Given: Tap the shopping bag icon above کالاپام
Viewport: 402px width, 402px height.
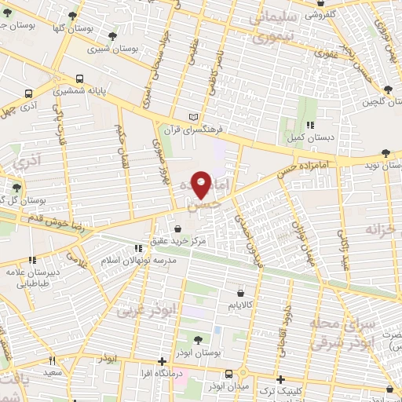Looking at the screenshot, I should coord(250,290).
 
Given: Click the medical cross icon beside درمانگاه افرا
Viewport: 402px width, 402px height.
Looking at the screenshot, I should coord(161,363).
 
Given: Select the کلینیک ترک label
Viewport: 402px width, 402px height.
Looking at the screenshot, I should coord(302,390).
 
